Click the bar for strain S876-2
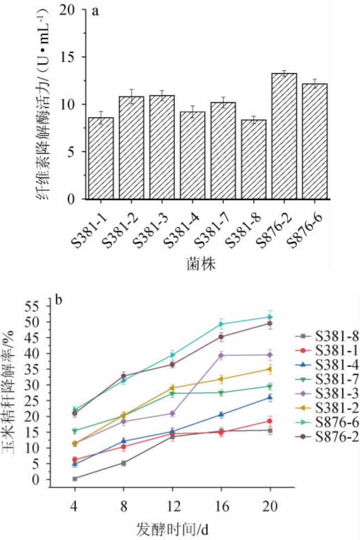(x=284, y=136)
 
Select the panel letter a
(x=96, y=11)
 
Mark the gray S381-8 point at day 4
(x=74, y=478)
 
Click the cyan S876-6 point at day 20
(x=270, y=317)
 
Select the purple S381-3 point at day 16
(x=221, y=355)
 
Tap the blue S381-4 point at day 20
(x=270, y=397)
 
